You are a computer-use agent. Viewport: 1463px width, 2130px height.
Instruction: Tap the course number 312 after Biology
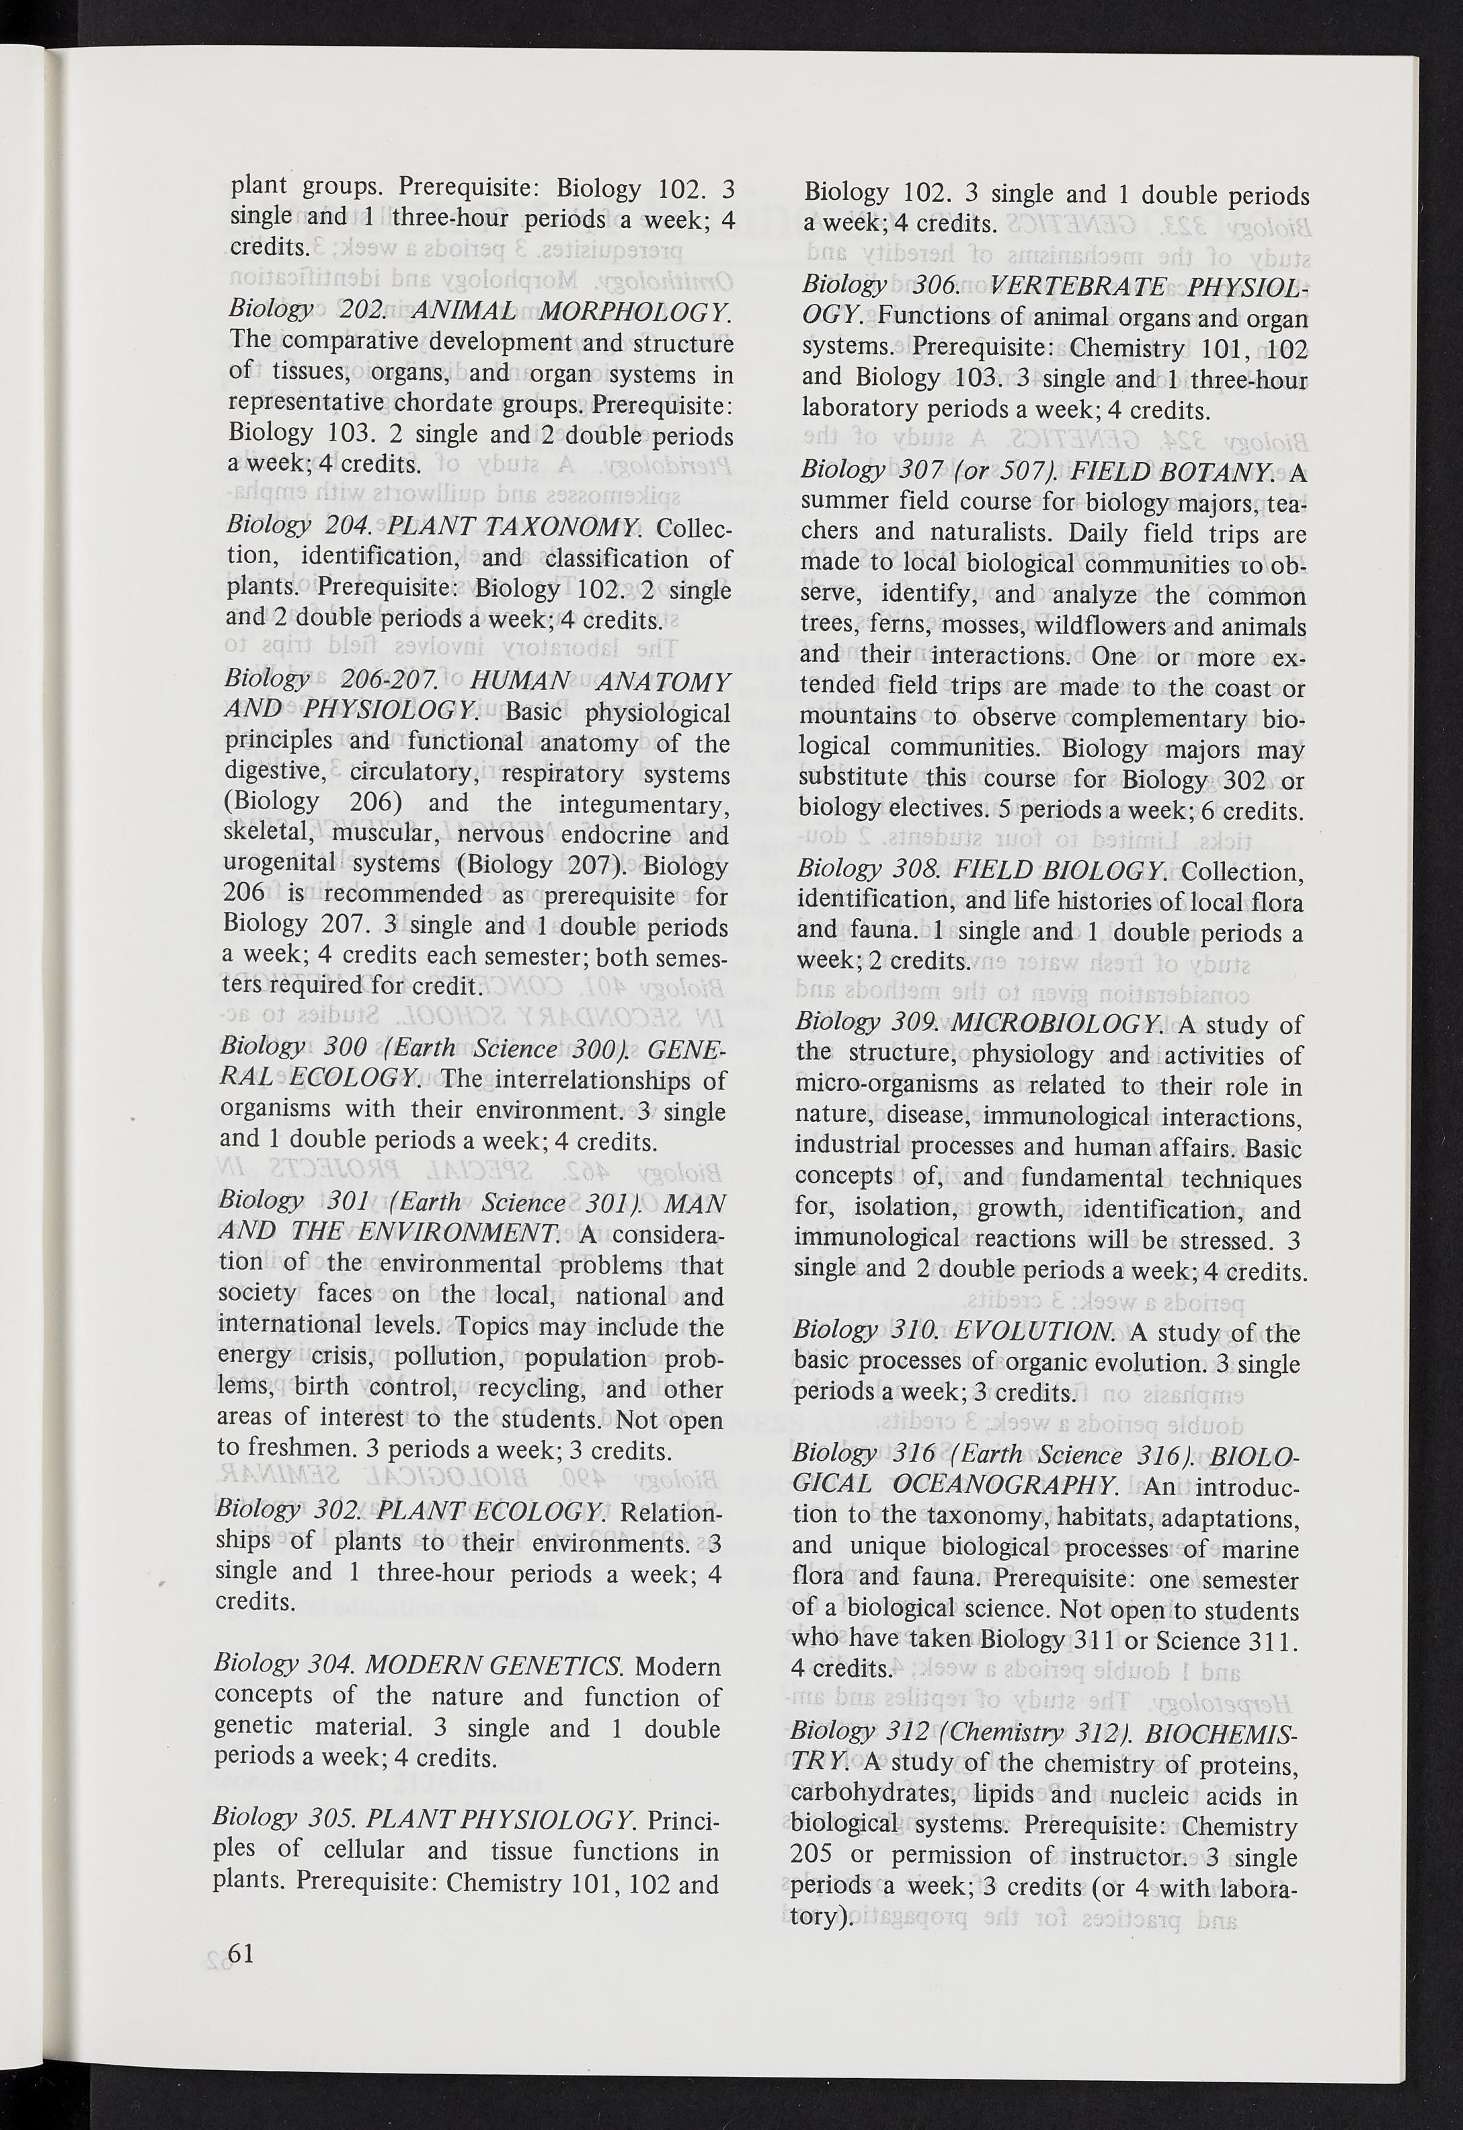[x=910, y=1733]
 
